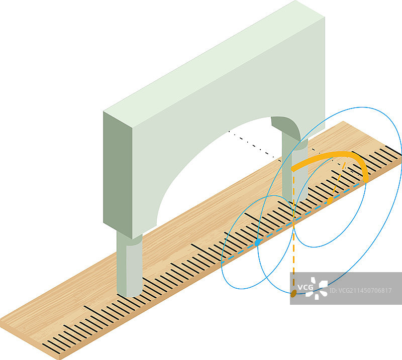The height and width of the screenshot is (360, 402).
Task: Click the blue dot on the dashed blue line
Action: (257, 242)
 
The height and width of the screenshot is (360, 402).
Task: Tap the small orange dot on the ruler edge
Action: (329, 201)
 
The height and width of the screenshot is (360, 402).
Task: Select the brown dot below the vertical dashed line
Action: (293, 292)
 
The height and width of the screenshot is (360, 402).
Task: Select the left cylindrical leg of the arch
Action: (129, 264)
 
